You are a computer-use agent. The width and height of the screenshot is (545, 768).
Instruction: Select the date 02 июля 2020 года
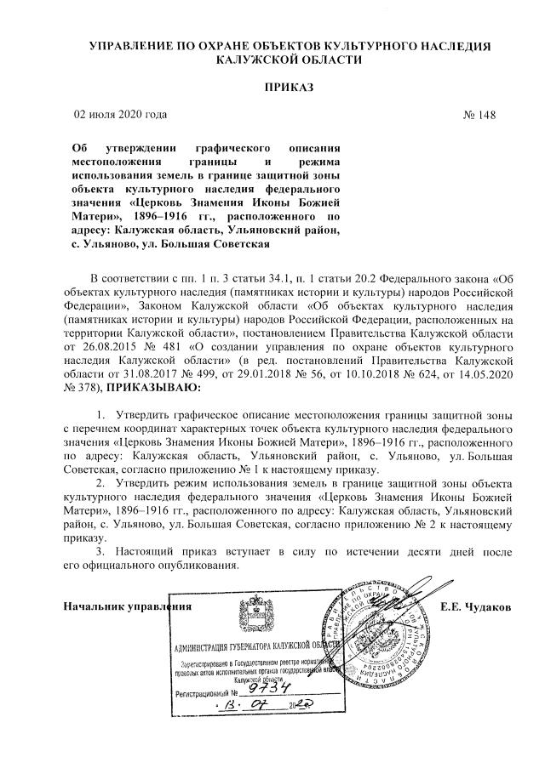[122, 114]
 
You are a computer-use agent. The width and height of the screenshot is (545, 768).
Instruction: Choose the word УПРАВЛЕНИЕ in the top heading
[130, 44]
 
